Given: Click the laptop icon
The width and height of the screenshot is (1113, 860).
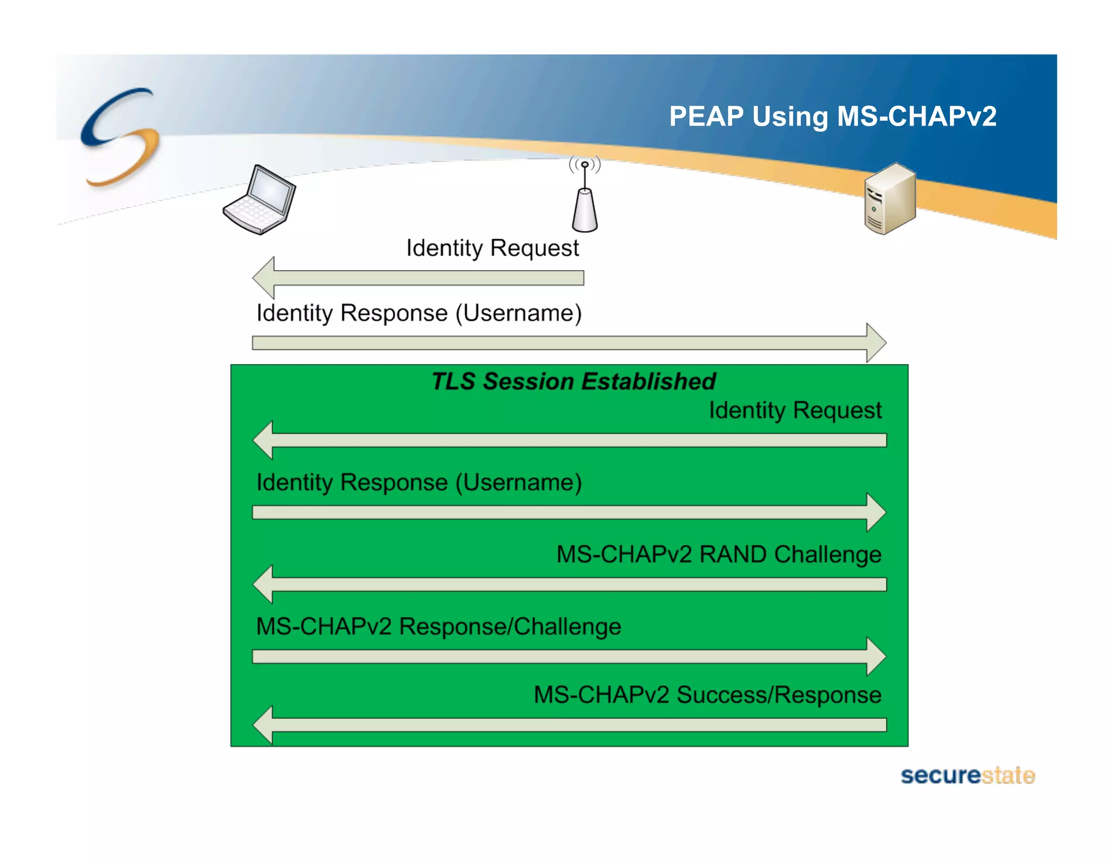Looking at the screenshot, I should [x=260, y=200].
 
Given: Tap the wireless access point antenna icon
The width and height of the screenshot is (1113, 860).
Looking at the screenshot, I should [x=585, y=196].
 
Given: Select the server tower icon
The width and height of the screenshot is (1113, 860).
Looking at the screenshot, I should [x=890, y=199].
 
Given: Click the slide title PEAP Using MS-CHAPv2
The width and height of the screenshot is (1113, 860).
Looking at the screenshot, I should [x=832, y=116].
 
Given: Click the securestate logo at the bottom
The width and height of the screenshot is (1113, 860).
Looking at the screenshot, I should [x=967, y=775].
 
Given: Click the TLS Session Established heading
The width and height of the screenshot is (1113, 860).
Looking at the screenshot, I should [x=573, y=381].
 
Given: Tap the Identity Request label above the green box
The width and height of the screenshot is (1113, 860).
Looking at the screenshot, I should [x=492, y=248].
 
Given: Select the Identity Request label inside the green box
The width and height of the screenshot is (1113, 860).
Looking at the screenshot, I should [x=795, y=410].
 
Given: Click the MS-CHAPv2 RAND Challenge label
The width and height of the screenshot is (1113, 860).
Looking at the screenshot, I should [x=718, y=554].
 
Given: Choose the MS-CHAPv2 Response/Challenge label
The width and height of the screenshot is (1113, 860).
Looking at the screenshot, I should [x=438, y=626].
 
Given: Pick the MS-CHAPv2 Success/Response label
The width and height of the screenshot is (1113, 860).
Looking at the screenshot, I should [x=707, y=695].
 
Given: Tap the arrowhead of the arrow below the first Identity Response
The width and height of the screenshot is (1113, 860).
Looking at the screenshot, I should [x=875, y=343].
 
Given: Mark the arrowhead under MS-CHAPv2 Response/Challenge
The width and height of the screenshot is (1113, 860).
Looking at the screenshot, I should [x=875, y=657].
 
